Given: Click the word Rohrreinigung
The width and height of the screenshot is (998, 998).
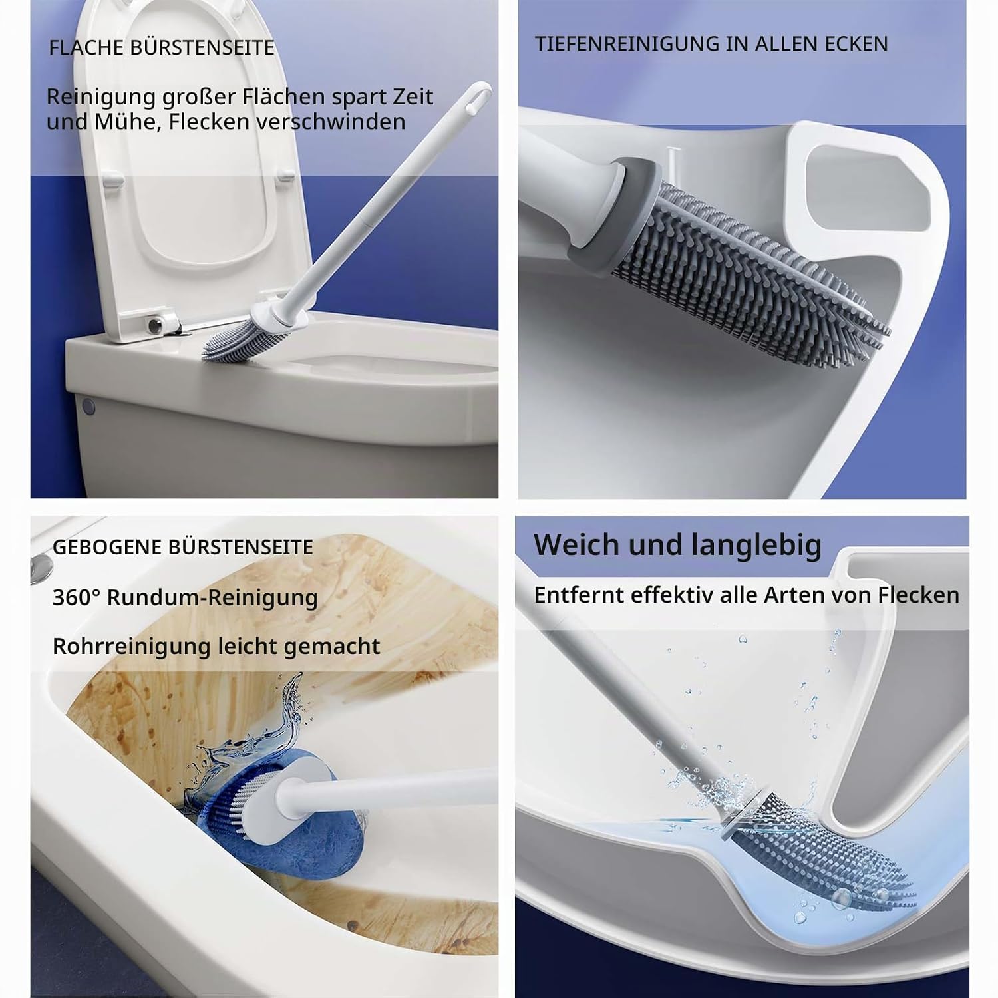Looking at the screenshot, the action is (x=132, y=647).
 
